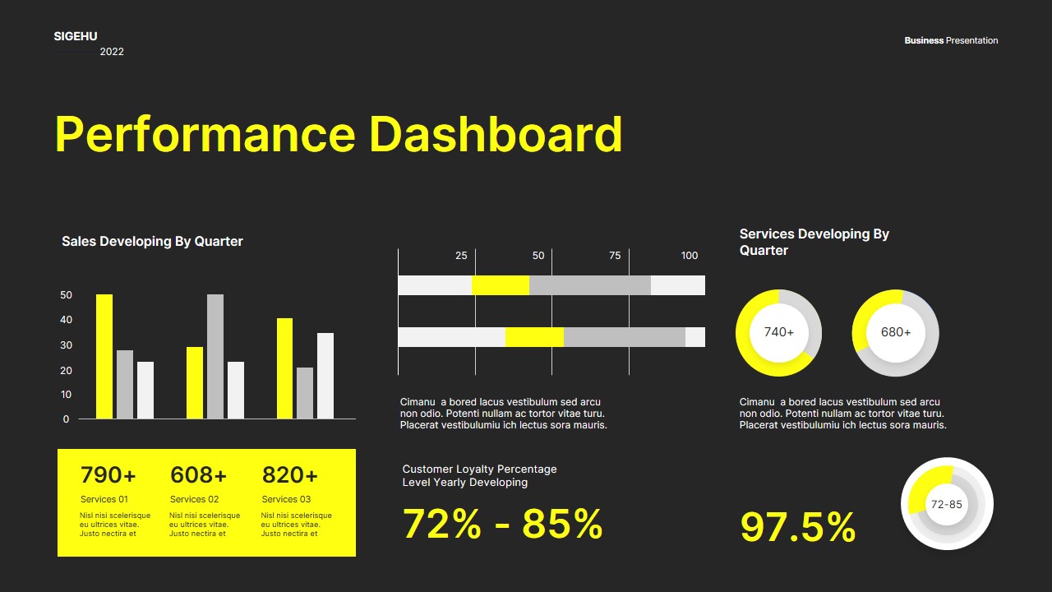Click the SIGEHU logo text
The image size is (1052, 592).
pyautogui.click(x=76, y=36)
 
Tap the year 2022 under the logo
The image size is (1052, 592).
pyautogui.click(x=112, y=52)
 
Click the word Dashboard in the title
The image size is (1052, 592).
pyautogui.click(x=496, y=134)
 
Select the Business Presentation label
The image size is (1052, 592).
pyautogui.click(x=951, y=40)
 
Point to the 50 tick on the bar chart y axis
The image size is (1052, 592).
pyautogui.click(x=66, y=295)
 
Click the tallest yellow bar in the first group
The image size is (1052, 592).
pyautogui.click(x=104, y=356)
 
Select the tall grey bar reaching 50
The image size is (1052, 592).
pyautogui.click(x=215, y=356)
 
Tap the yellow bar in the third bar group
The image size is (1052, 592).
pyautogui.click(x=284, y=368)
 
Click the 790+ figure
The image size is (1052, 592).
pyautogui.click(x=108, y=475)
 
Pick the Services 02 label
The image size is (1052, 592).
pyautogui.click(x=194, y=499)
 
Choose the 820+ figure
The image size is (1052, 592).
pyautogui.click(x=289, y=475)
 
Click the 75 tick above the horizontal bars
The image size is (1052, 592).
pyautogui.click(x=615, y=256)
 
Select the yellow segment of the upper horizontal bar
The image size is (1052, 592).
pyautogui.click(x=501, y=285)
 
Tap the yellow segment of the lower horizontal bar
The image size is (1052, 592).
pyautogui.click(x=534, y=337)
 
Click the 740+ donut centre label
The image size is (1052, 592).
pyautogui.click(x=779, y=332)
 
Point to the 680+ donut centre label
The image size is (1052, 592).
pyautogui.click(x=896, y=332)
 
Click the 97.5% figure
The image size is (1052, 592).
pyautogui.click(x=798, y=527)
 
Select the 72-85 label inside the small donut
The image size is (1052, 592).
pyautogui.click(x=947, y=504)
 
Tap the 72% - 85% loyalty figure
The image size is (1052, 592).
pyautogui.click(x=502, y=524)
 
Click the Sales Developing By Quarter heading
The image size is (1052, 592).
pyautogui.click(x=152, y=242)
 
